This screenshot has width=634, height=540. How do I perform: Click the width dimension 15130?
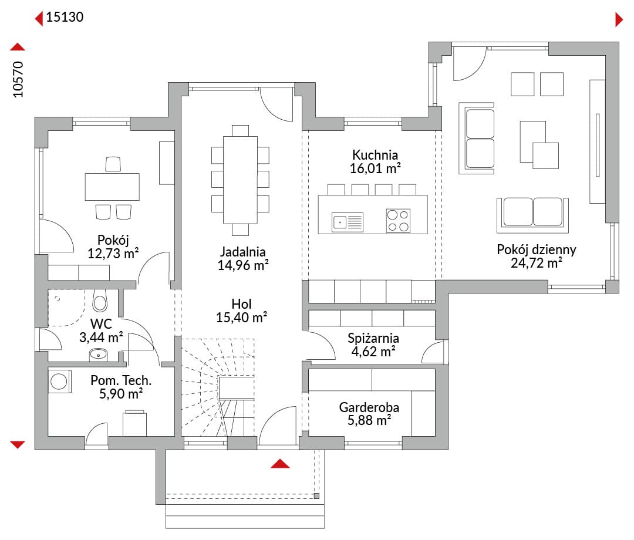[65, 17]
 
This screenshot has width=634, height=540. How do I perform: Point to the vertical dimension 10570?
[18, 79]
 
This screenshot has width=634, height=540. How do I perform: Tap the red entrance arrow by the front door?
[280, 464]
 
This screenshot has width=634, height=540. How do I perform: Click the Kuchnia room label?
[375, 155]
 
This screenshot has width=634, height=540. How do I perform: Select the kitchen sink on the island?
[348, 222]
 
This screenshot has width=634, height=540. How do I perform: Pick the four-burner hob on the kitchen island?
[398, 221]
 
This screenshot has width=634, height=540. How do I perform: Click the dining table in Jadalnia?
[240, 180]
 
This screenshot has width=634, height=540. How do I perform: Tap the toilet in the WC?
[99, 301]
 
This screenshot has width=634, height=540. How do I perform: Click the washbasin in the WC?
[98, 355]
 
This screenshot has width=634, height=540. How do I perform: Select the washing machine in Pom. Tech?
[60, 381]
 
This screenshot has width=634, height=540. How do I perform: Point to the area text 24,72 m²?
[537, 263]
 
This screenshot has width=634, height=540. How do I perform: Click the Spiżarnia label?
[373, 338]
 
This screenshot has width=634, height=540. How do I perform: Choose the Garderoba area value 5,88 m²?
[369, 420]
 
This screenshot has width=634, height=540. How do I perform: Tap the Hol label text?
[241, 304]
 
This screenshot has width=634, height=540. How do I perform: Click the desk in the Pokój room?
[112, 187]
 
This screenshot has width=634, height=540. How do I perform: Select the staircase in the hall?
[218, 387]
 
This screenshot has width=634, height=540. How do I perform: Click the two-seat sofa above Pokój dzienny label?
[533, 215]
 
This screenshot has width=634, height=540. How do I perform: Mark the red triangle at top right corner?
[619, 19]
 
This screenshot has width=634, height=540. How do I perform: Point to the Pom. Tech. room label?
[121, 380]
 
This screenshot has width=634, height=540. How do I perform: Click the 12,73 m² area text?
[113, 254]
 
